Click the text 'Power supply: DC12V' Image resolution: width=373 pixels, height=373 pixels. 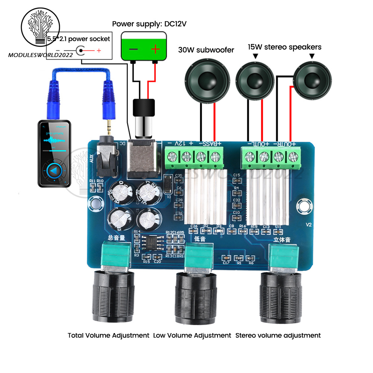149,24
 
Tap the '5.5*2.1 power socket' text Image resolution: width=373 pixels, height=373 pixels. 79,39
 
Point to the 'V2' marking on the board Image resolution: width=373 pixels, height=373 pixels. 308,225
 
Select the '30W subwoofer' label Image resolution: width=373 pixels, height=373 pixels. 206,50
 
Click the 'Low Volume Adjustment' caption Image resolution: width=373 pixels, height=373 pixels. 192,335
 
